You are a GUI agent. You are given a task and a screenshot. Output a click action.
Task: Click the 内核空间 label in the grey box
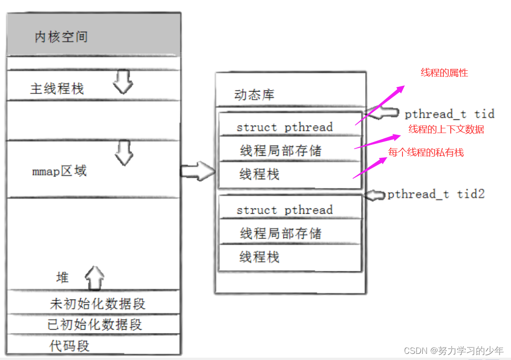coord(61,37)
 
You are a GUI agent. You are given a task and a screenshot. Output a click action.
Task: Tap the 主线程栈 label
coord(57,88)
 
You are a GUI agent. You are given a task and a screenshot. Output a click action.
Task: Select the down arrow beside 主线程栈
coord(123,81)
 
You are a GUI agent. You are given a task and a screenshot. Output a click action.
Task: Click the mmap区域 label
coord(59,171)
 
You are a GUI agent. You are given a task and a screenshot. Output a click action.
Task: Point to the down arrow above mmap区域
coord(124,152)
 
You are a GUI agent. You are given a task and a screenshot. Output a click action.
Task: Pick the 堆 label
coord(62,277)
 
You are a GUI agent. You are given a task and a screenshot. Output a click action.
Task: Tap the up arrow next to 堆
coord(96,277)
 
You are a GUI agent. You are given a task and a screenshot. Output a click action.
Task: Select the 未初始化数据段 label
coord(98,303)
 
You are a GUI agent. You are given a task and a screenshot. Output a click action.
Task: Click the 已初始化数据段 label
coord(95,325)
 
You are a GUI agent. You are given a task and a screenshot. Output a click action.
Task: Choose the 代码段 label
coord(69,346)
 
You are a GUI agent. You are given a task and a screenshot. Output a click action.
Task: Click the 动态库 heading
coord(254,95)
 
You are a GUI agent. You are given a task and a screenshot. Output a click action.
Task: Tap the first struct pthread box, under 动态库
coord(285,127)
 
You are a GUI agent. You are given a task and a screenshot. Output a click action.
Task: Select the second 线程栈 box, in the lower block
coord(260,257)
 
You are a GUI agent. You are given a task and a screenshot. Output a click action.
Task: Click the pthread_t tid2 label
coord(436,194)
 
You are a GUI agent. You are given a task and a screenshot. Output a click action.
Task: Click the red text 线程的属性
coord(444,73)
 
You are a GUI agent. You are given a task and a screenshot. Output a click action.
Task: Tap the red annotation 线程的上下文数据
coord(446,129)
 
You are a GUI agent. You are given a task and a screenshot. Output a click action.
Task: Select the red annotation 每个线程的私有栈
coord(426,152)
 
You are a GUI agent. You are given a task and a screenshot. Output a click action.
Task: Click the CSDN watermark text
coord(453,351)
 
